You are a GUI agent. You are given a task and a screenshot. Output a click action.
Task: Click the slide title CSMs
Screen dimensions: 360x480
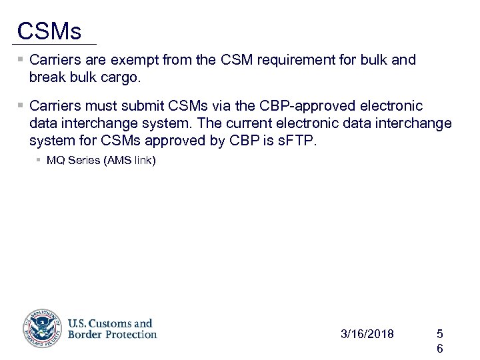click(x=49, y=31)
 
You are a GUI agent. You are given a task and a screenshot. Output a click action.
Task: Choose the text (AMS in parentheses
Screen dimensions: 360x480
click(x=116, y=161)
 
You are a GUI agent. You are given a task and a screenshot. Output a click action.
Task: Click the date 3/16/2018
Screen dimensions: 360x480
click(x=367, y=333)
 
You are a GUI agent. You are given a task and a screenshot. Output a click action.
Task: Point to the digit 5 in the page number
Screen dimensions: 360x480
click(x=439, y=333)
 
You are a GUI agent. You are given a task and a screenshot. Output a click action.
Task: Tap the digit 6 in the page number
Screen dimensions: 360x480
click(x=439, y=349)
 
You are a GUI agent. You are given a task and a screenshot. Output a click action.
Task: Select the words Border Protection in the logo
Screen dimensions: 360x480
click(x=112, y=335)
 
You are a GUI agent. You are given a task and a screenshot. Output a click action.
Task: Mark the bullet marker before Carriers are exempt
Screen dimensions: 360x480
click(x=21, y=60)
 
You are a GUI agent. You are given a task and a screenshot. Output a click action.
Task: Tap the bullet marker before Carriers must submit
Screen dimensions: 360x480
click(x=21, y=106)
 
